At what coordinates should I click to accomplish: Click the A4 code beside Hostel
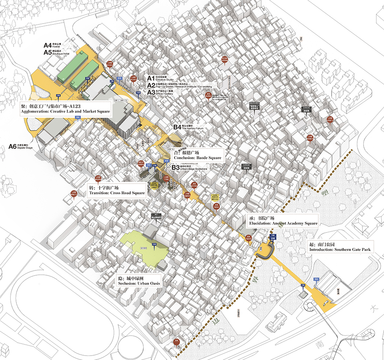click(x=48, y=46)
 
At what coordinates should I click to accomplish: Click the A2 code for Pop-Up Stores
click(x=150, y=85)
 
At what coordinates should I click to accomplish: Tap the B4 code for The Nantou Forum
click(x=176, y=127)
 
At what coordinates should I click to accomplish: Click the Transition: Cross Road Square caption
click(x=116, y=193)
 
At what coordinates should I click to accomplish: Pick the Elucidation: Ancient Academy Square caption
click(x=283, y=223)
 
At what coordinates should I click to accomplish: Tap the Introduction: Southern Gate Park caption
click(x=340, y=250)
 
